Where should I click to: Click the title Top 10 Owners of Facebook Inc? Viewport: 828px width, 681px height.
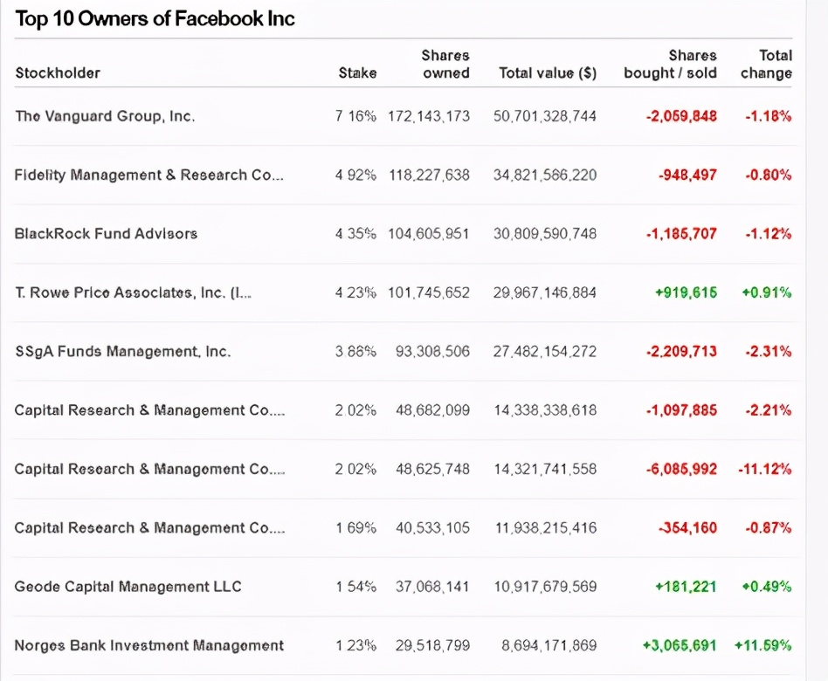(x=155, y=19)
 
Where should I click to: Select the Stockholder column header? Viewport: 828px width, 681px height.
(x=58, y=73)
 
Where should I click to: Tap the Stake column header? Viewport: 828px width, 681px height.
(x=357, y=73)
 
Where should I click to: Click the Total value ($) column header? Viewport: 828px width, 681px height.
(x=548, y=73)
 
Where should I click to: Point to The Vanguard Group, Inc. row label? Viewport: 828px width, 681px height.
(x=105, y=116)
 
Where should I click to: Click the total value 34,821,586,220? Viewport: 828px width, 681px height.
(x=545, y=175)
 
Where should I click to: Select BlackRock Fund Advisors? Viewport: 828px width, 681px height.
(x=106, y=233)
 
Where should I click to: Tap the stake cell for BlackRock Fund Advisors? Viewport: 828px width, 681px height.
(x=355, y=233)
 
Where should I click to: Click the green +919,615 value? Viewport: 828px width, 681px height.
(x=686, y=292)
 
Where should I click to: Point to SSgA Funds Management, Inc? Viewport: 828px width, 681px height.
(x=122, y=351)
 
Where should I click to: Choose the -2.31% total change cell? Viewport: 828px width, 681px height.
(x=768, y=351)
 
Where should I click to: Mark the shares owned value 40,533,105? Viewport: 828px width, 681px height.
(x=432, y=527)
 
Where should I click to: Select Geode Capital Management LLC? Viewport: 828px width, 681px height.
(x=128, y=587)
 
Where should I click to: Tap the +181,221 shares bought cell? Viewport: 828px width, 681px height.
(x=686, y=587)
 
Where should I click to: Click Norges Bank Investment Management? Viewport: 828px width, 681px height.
(x=148, y=645)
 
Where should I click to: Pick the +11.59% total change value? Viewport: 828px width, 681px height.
(x=762, y=645)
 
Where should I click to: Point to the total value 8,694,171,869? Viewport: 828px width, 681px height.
(x=549, y=645)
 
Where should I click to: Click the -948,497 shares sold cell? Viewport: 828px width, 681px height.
(x=687, y=175)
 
